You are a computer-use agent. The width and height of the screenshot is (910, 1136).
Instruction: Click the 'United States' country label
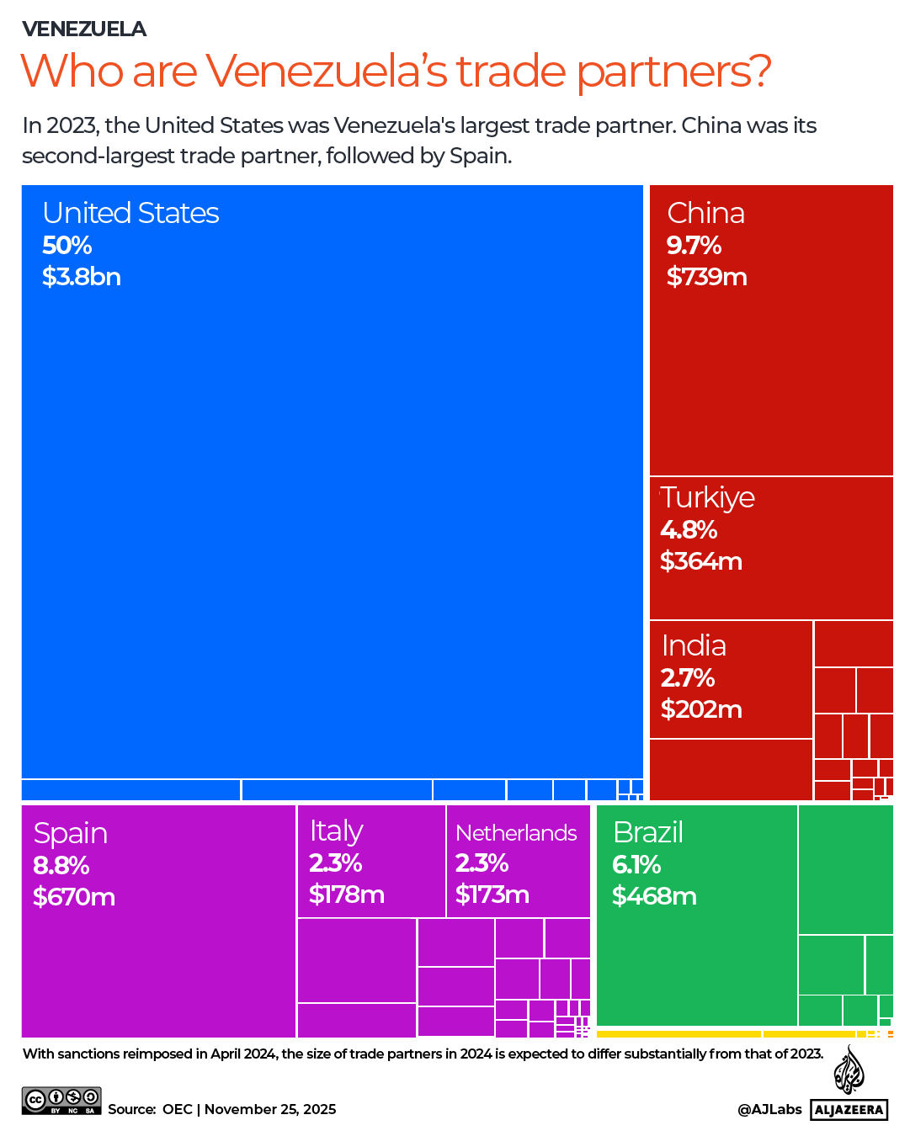click(x=130, y=213)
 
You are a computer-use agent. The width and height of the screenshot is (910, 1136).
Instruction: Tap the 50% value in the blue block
click(x=67, y=246)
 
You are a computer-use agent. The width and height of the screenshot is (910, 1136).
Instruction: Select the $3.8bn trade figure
click(x=82, y=277)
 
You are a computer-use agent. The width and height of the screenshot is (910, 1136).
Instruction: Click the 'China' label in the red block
click(x=705, y=213)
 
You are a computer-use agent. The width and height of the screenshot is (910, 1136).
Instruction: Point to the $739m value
click(x=706, y=277)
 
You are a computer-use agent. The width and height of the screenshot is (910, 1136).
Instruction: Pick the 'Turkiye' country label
click(x=707, y=497)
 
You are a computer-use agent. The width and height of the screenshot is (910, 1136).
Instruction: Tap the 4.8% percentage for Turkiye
click(x=689, y=530)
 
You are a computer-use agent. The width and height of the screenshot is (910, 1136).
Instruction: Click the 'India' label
click(x=694, y=645)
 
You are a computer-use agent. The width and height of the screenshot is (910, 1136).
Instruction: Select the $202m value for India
click(x=701, y=709)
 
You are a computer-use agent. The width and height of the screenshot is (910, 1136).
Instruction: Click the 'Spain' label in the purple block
click(x=71, y=833)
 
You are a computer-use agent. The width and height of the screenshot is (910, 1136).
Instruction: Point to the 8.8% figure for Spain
click(x=61, y=866)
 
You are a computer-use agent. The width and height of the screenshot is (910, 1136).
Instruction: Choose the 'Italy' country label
click(x=336, y=831)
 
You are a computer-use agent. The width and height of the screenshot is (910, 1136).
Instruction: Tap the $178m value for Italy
click(x=346, y=894)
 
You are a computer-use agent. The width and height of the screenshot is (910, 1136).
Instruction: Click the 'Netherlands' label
click(x=516, y=833)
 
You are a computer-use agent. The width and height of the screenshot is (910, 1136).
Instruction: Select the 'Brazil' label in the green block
click(x=648, y=832)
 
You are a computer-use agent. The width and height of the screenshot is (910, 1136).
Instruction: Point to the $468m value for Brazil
click(x=654, y=896)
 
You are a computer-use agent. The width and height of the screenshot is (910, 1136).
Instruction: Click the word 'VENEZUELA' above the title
click(x=84, y=29)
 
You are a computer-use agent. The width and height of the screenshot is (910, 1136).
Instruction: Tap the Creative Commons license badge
click(x=61, y=1101)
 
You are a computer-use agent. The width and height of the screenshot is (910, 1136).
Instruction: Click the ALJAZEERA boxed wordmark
click(x=849, y=1110)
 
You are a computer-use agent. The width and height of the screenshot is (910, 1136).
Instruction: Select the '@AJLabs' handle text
click(x=769, y=1109)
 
